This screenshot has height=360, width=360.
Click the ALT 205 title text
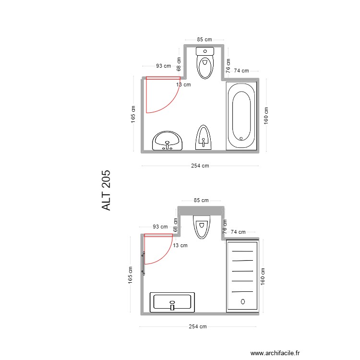(106, 190)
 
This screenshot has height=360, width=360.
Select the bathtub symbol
(241, 116)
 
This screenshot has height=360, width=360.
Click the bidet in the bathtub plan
(203, 138)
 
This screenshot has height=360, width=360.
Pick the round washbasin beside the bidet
(167, 141)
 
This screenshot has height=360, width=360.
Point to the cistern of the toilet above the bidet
(205, 51)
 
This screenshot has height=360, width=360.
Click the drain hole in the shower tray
(242, 301)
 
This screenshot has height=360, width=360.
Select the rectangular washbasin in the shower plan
(172, 302)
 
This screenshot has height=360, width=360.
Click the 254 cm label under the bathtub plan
(200, 166)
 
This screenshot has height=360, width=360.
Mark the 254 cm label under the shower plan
(197, 327)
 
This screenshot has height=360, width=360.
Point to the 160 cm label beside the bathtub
(266, 116)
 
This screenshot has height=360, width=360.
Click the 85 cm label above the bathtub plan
(204, 40)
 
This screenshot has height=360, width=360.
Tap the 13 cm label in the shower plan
(180, 245)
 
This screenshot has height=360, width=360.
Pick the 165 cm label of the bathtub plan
(133, 115)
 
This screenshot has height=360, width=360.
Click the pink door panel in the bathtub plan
(163, 78)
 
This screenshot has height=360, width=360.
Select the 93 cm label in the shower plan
(160, 227)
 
